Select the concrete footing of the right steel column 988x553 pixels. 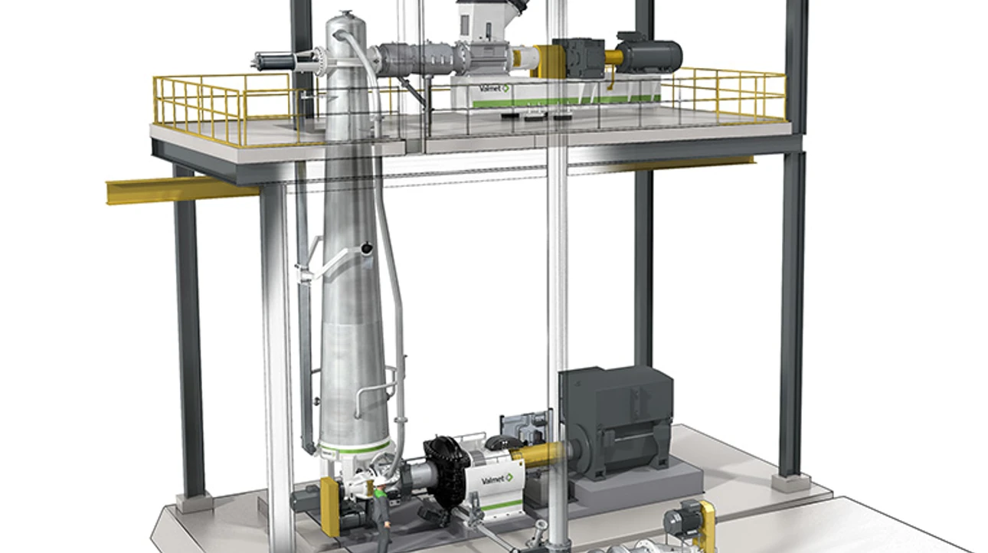tap(790, 482)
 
